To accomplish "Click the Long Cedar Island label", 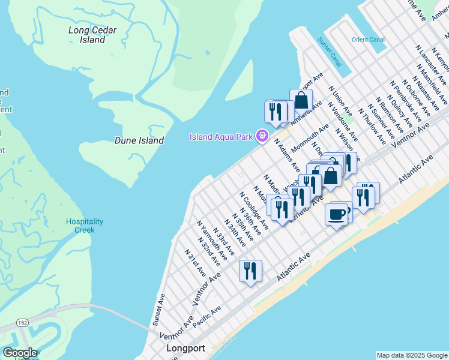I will coord(92,35).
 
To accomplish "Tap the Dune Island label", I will coord(139,140).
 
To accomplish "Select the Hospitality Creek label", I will coord(84,226).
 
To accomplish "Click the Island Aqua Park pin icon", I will coord(262,136).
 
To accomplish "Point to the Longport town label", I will coord(185,349).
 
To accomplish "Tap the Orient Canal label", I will coord(368,40).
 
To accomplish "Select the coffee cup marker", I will coord(336,214).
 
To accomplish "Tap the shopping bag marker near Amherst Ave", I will coord(301,100).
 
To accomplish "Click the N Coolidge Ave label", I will coord(253,207).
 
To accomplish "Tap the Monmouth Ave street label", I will coord(310,138).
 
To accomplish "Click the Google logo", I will coord(20,353).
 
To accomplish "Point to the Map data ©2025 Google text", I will coord(411,355).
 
